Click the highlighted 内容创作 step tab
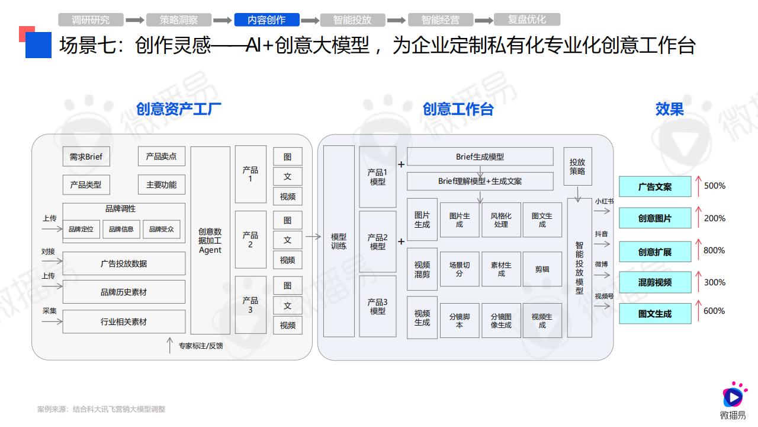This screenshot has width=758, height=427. [266, 20]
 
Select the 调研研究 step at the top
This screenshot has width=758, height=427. [91, 20]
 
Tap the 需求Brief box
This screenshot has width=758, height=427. [86, 157]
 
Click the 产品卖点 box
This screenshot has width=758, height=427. [162, 156]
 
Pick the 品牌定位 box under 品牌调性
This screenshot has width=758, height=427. [81, 229]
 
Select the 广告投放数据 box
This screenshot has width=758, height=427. [124, 263]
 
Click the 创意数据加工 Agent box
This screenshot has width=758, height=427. [210, 241]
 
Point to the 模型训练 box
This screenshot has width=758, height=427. [339, 241]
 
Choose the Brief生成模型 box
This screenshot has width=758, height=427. [480, 157]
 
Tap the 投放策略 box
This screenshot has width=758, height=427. [577, 167]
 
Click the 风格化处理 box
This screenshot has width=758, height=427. [501, 220]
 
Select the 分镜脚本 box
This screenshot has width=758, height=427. [460, 321]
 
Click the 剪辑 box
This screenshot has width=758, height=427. [542, 269]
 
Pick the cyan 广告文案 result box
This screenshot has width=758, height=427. [655, 187]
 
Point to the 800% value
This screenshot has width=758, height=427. [714, 250]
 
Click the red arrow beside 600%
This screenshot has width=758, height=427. [698, 310]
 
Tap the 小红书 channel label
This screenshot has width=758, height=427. [605, 201]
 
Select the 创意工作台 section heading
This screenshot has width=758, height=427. [458, 109]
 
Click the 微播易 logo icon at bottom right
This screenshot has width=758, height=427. [733, 395]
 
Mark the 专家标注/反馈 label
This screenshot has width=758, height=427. [201, 346]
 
